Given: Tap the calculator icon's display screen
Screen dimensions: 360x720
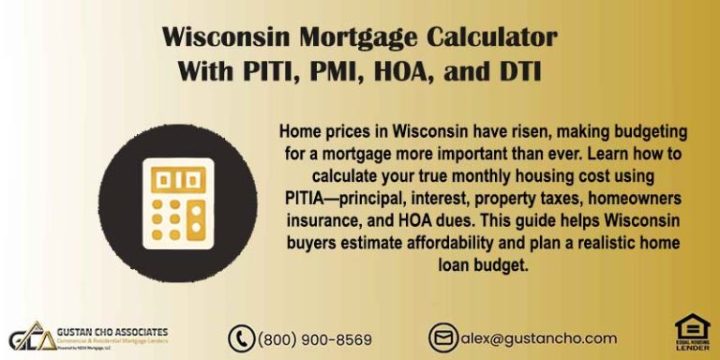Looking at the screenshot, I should point(177,178).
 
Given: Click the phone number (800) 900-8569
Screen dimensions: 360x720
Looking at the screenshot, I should point(314,339).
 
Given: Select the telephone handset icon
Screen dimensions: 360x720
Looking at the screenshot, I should point(242,338).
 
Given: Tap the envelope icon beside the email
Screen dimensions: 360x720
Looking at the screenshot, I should point(442,338).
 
